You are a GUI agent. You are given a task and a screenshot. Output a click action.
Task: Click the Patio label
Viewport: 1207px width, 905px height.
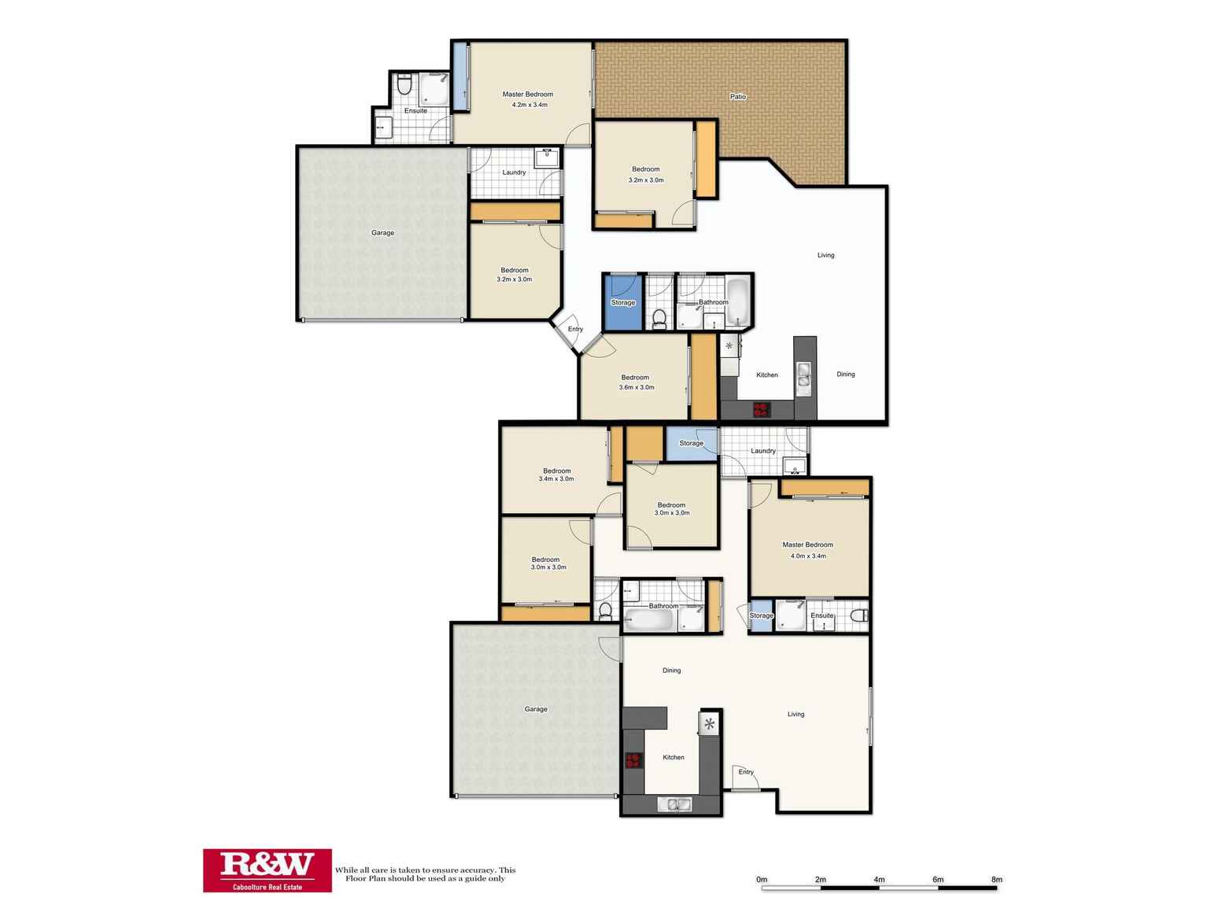(737, 97)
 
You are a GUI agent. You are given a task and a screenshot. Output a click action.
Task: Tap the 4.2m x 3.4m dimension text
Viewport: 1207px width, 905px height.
(529, 105)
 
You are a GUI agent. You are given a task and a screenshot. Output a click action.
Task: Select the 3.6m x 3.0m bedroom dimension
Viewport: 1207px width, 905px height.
(637, 387)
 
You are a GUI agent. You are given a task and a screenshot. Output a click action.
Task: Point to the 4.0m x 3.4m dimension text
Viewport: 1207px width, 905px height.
(808, 556)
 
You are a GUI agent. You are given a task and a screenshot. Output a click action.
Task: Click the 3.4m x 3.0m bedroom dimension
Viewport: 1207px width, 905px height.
(556, 478)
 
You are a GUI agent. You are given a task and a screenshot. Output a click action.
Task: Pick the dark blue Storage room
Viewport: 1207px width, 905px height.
(622, 303)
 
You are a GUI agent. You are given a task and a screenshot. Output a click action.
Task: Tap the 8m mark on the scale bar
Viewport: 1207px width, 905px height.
(996, 880)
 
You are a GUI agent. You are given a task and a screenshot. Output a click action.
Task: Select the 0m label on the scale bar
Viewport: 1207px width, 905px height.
(761, 880)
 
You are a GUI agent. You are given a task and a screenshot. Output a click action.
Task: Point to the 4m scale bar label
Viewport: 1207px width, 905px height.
(879, 880)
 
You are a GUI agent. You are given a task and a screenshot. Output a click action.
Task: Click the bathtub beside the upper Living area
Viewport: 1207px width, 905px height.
(738, 302)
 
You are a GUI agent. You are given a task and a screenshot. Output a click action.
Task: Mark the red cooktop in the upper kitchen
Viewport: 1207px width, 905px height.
(761, 409)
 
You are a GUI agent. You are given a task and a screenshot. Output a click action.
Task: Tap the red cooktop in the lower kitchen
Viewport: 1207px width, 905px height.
(633, 760)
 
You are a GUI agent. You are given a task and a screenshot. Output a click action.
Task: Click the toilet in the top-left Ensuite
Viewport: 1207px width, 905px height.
(404, 84)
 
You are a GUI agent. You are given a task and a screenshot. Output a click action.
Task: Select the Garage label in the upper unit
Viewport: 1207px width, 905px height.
(382, 233)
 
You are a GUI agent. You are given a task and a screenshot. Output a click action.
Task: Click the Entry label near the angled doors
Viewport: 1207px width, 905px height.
(575, 329)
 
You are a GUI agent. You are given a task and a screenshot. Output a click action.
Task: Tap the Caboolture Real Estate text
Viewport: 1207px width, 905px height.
(267, 886)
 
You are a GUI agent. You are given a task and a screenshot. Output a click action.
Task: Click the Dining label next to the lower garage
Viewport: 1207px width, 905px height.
(671, 670)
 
